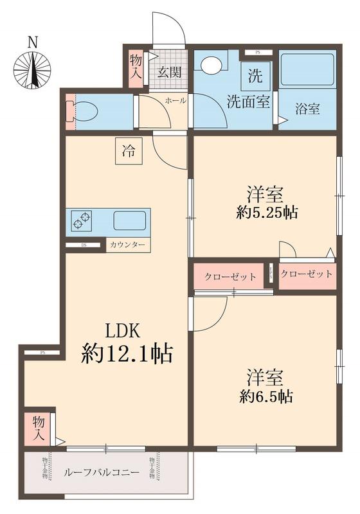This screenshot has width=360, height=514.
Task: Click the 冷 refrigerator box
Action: [x=129, y=152]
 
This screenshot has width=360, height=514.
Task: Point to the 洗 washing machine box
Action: [x=255, y=77]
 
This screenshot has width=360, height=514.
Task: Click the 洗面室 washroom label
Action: [x=248, y=101]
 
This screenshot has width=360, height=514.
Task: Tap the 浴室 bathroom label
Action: [x=307, y=109]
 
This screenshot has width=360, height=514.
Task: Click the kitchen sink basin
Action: [x=129, y=220]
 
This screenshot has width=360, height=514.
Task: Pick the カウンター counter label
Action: [x=127, y=245]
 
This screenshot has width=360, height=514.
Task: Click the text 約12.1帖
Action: [x=127, y=353]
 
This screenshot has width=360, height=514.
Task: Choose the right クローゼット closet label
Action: [x=307, y=274]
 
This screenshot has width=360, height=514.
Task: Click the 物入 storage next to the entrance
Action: [x=136, y=67]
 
